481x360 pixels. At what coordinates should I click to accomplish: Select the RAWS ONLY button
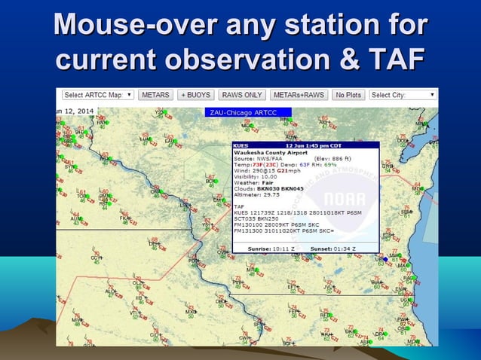[x=241, y=95]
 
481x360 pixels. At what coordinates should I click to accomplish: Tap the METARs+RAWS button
[x=299, y=95]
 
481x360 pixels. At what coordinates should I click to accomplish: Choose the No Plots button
[x=349, y=95]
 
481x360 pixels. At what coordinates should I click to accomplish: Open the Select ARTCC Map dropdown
[x=98, y=95]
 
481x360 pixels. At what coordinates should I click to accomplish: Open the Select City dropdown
[x=403, y=95]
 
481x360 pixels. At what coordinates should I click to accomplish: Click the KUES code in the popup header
[x=242, y=145]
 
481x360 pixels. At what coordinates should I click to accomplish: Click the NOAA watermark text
[x=345, y=200]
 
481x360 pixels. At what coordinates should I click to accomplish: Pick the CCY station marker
[x=97, y=258]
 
